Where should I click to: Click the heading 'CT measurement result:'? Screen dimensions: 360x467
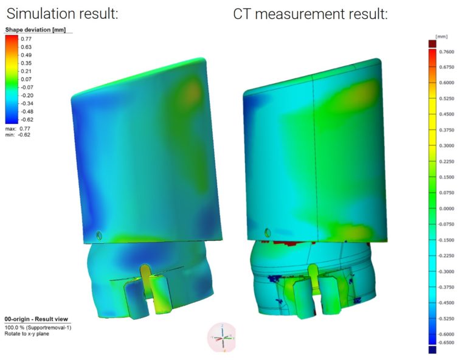pos(310,13)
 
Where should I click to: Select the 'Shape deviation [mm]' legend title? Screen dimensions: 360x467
pos(35,30)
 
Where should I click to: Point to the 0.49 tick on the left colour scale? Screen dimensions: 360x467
pos(26,55)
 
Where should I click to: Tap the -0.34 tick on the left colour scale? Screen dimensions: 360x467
pos(27,103)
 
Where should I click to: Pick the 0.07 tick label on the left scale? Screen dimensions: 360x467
pos(26,79)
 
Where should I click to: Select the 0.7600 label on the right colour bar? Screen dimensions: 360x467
pos(447,52)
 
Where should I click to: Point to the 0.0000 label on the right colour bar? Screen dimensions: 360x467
pos(447,208)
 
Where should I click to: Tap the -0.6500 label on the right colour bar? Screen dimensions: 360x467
pos(446,342)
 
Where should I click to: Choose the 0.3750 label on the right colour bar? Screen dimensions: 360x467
pos(447,130)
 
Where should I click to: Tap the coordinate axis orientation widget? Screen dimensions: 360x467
pos(222,336)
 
